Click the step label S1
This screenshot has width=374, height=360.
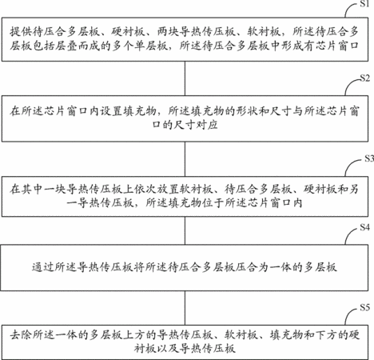(364, 4)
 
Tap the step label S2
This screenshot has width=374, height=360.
(364, 78)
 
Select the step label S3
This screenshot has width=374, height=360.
(369, 158)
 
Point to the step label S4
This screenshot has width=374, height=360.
(364, 227)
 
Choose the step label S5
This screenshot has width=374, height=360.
(364, 307)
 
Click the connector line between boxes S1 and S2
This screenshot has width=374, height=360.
(185, 78)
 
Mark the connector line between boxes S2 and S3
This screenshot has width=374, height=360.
(185, 159)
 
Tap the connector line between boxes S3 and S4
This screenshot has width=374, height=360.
(185, 230)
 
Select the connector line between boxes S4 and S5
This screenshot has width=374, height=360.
(185, 308)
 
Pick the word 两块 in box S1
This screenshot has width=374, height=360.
(168, 32)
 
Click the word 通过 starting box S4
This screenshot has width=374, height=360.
(43, 267)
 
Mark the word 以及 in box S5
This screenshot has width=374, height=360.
(168, 348)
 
